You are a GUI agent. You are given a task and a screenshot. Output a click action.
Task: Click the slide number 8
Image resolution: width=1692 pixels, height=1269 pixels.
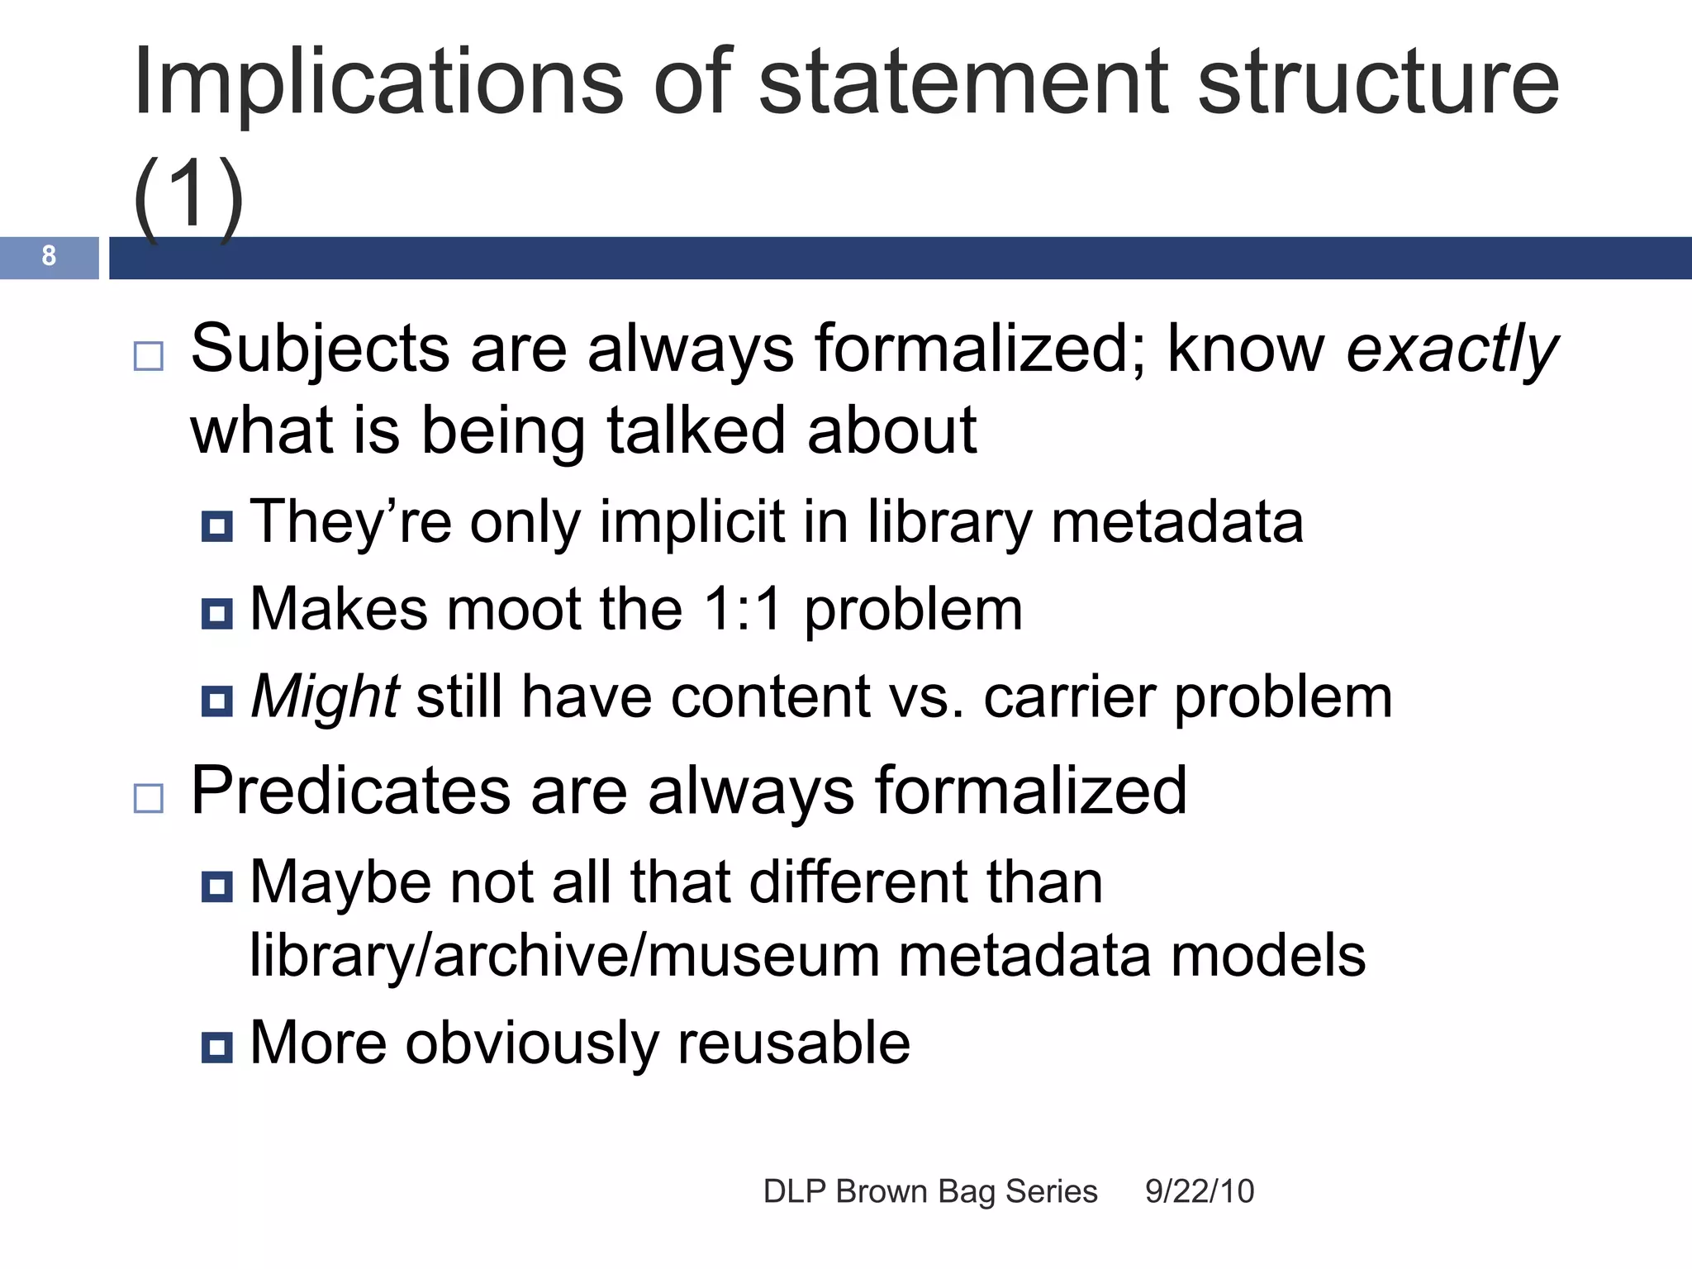(49, 256)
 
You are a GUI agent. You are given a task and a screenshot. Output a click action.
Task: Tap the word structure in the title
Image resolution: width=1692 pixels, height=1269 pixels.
(1378, 83)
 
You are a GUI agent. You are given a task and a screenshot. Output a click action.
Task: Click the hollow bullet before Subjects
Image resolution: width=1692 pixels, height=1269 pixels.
(149, 356)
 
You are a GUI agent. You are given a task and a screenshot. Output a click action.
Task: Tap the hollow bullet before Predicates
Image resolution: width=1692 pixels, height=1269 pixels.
(149, 798)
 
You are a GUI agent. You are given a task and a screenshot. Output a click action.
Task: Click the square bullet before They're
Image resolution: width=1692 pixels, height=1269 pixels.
(217, 526)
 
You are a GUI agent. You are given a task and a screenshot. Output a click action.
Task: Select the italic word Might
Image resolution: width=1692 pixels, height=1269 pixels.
(325, 697)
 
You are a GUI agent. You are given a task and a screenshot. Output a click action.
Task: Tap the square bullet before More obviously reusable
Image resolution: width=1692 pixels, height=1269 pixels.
(217, 1048)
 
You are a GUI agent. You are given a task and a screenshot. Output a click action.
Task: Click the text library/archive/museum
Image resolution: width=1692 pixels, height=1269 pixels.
(564, 957)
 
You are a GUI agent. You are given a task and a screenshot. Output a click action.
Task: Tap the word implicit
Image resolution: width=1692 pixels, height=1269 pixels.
(702, 523)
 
